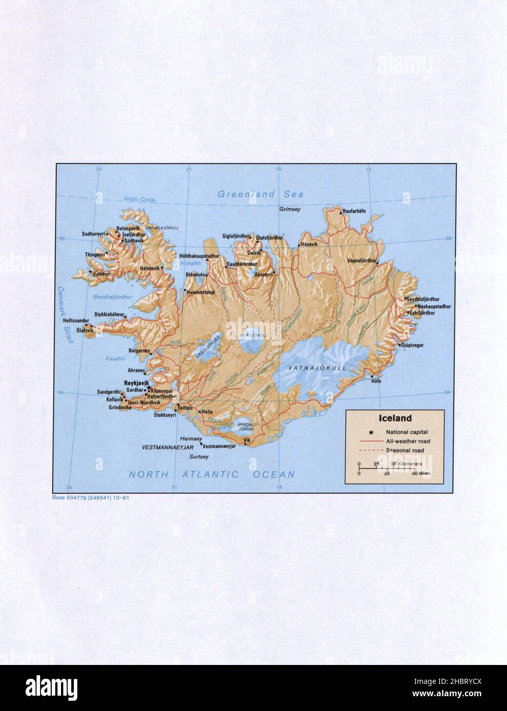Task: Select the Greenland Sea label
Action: coord(260,194)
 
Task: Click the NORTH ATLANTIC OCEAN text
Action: coord(212,474)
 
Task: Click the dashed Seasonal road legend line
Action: coord(368,450)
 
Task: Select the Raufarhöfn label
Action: coord(357,211)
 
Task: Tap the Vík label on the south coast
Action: coord(247,440)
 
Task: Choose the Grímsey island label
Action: coord(289,209)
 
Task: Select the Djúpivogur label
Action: coord(413,346)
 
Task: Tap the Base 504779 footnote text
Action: coord(90,497)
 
